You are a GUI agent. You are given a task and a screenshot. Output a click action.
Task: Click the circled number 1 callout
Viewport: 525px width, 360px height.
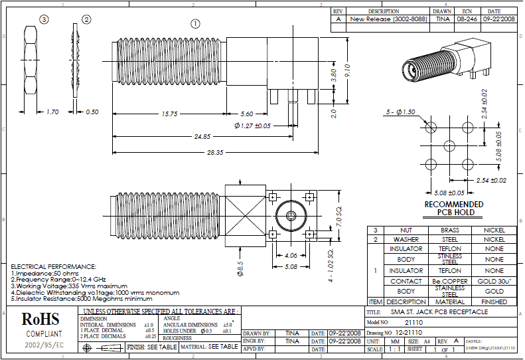coord(195,23)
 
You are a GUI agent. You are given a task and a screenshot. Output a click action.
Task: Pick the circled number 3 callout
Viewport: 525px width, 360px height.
coord(44,20)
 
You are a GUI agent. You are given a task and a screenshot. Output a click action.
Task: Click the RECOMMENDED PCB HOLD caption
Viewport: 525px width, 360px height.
coord(454,208)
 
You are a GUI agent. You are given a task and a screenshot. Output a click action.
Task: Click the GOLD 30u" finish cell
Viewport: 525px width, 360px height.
coord(494,281)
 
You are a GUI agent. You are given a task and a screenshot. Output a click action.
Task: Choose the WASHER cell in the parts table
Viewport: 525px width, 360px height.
coord(406,239)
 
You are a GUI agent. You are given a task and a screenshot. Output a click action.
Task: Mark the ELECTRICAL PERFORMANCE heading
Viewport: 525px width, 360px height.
coord(54,266)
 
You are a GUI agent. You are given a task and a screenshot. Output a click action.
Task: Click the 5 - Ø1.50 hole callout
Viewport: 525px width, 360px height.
coord(400,112)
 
